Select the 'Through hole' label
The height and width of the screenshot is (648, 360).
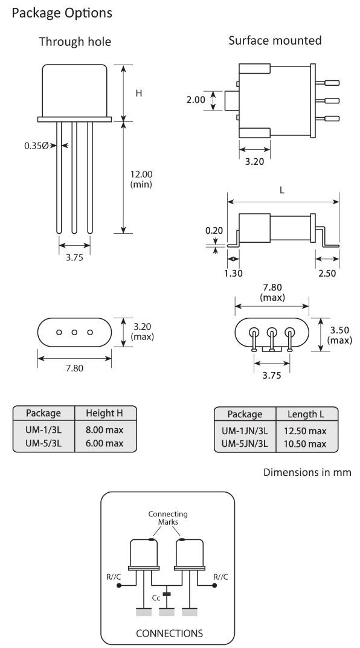tap(74, 42)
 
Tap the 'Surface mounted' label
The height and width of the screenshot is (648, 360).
tap(275, 41)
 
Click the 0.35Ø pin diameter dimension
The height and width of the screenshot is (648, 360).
tap(36, 146)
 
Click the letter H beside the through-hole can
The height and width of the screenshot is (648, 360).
tap(138, 94)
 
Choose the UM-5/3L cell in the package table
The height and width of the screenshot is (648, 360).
tap(42, 443)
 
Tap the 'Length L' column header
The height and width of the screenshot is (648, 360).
tap(306, 414)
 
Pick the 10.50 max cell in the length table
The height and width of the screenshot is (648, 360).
tap(306, 444)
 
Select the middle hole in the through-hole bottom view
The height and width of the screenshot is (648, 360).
tap(75, 333)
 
